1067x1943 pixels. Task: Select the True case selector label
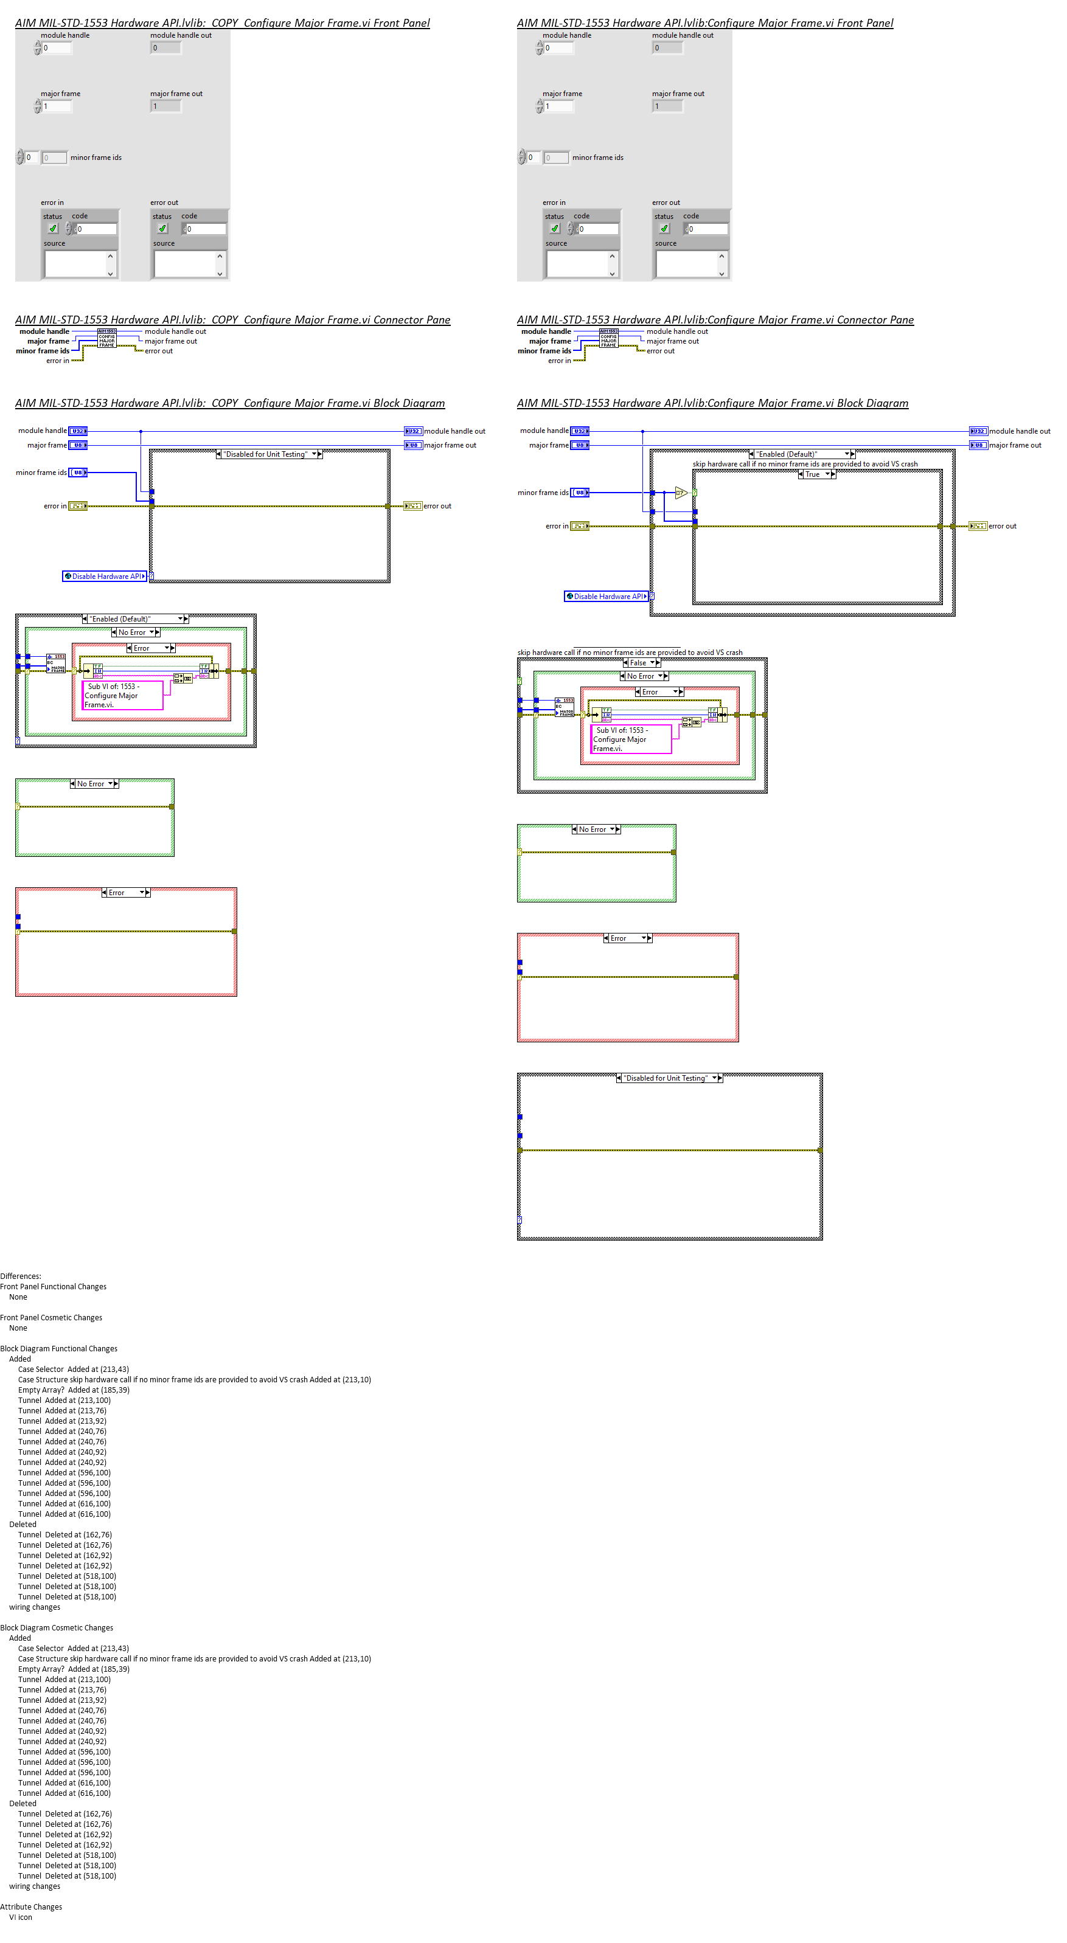coord(813,474)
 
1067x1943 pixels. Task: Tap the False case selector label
coord(638,663)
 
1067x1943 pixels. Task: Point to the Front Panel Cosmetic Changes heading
coord(51,1318)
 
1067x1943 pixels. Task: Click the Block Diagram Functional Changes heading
coord(59,1349)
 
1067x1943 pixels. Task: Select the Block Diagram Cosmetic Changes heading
coord(57,1628)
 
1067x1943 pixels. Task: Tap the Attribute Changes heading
coord(31,1907)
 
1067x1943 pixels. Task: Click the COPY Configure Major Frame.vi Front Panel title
coord(223,23)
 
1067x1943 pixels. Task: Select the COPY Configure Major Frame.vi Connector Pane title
coord(232,320)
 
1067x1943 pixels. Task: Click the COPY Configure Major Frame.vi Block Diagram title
coord(230,404)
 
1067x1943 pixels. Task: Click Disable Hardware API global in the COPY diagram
coord(104,577)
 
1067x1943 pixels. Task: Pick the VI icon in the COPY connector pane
coord(106,338)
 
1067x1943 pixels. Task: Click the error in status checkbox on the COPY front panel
coord(53,229)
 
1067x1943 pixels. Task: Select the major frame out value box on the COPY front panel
coord(166,106)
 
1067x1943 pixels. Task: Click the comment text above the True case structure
coord(805,464)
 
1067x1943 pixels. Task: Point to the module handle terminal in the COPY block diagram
coord(78,431)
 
